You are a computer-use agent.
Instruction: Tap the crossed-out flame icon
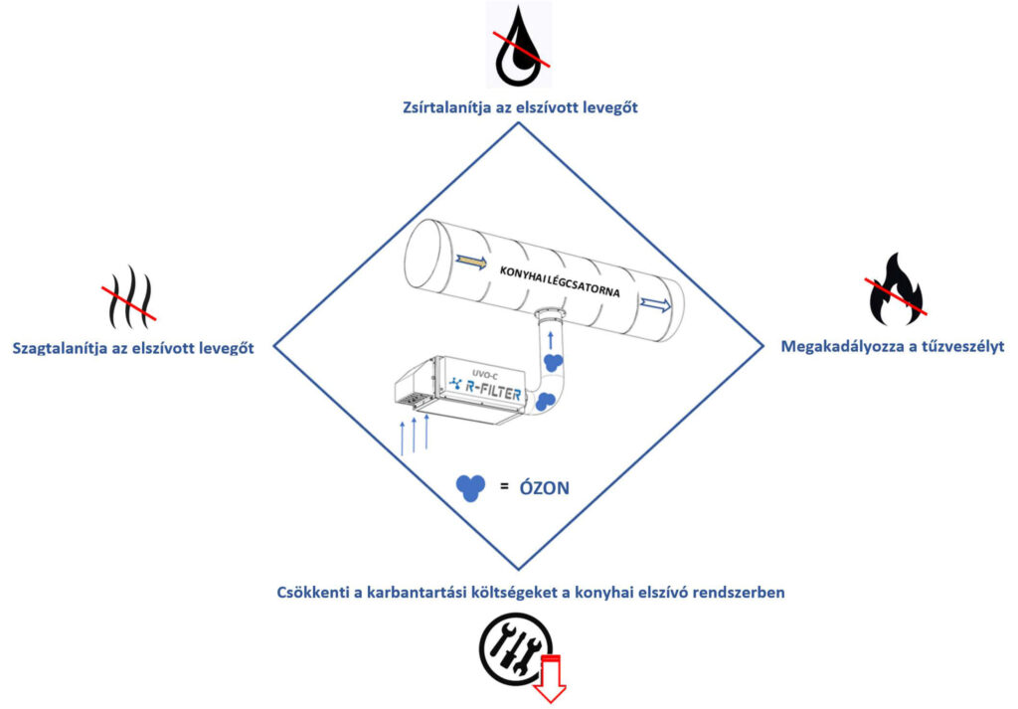tap(895, 289)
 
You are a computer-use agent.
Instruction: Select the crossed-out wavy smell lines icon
tap(130, 296)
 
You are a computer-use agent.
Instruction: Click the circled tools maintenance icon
tap(516, 649)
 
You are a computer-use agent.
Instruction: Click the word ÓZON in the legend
tap(545, 488)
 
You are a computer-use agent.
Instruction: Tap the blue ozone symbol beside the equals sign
tap(470, 488)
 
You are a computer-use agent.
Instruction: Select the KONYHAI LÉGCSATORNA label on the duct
tap(560, 281)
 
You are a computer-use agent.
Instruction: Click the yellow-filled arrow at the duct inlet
tap(470, 262)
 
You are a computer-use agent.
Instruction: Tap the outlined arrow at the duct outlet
tap(656, 304)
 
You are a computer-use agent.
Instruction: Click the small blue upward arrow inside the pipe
tap(551, 341)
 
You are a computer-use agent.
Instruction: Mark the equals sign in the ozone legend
tap(504, 485)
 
